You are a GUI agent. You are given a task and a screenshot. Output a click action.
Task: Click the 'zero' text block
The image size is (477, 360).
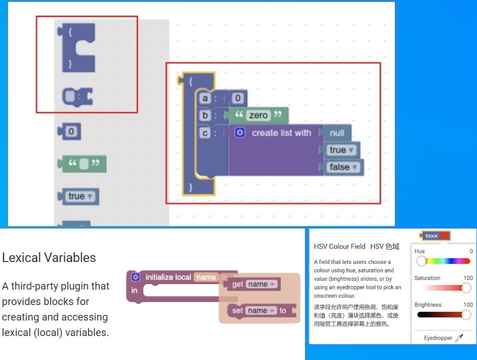tap(258, 116)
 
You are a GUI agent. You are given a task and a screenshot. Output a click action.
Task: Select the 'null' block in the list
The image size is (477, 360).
tap(337, 133)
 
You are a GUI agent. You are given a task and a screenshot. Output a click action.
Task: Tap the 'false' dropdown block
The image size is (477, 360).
tap(343, 167)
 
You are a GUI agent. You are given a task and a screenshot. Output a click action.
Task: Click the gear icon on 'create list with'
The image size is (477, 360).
tap(240, 133)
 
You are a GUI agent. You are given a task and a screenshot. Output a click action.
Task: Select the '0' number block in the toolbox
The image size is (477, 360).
tap(71, 131)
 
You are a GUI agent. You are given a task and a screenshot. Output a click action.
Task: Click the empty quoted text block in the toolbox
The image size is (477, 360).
tap(83, 164)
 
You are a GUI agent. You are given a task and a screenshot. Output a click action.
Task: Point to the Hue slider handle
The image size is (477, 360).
tap(421, 261)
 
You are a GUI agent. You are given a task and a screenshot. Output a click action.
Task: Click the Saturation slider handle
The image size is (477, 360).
tap(466, 288)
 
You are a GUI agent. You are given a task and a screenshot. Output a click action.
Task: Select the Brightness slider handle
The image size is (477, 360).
tap(466, 315)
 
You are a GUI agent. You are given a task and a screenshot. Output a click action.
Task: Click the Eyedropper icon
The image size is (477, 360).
tap(459, 338)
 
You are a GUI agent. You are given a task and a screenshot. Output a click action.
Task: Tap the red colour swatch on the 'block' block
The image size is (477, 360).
tap(444, 236)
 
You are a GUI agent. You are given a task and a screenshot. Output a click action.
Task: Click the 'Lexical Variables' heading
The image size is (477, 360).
tap(49, 258)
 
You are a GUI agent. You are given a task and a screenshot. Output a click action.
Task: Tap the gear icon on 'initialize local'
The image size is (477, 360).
tap(135, 277)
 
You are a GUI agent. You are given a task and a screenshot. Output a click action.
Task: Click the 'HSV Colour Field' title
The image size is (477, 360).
tap(339, 247)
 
